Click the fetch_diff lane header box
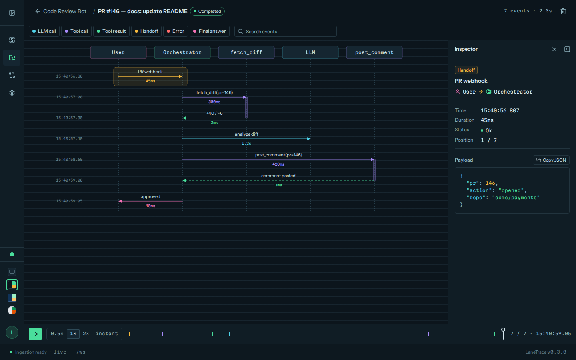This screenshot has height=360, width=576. (246, 52)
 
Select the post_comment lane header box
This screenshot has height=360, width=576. (374, 52)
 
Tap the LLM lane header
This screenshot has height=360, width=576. (310, 52)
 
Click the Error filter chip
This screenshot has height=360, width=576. (175, 31)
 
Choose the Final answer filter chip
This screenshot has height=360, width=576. (209, 31)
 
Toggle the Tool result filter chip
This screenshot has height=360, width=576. (111, 31)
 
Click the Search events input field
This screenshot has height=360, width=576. (286, 31)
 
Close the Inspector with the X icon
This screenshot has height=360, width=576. (554, 49)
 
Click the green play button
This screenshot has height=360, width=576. (35, 334)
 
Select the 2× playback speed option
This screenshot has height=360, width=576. (86, 334)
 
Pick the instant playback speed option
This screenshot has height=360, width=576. (107, 334)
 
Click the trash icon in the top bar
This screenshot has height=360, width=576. (563, 11)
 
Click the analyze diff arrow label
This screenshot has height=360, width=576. (246, 134)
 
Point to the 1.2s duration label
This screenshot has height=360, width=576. (246, 144)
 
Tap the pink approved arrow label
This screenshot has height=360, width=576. (150, 196)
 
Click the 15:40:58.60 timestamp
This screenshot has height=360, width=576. (69, 160)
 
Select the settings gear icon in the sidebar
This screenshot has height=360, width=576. (12, 93)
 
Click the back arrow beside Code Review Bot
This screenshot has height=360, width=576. (38, 11)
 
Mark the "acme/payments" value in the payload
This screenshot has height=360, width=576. (516, 198)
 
